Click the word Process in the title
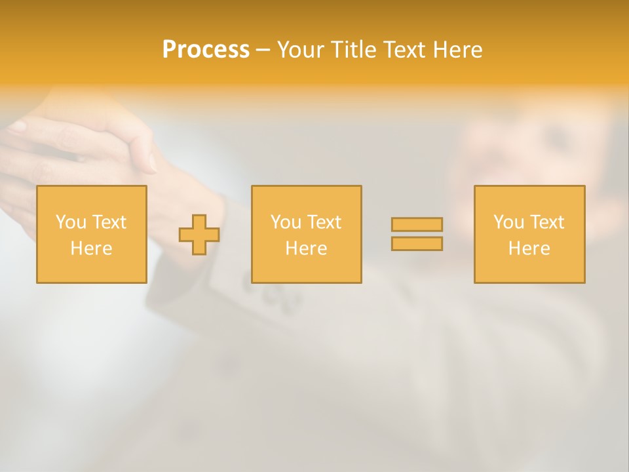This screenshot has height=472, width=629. [x=206, y=50]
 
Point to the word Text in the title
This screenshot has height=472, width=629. [x=405, y=50]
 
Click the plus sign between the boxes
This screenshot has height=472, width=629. [x=199, y=235]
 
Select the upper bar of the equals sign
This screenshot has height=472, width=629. [x=417, y=224]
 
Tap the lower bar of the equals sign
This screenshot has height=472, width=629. [x=417, y=243]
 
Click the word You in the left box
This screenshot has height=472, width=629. [x=71, y=222]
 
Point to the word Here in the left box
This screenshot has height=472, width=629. [x=91, y=248]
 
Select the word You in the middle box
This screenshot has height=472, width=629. [x=286, y=222]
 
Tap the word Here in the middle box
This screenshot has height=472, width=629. [x=306, y=248]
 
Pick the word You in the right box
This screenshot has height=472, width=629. [x=508, y=222]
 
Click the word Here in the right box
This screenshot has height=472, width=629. [x=529, y=248]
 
